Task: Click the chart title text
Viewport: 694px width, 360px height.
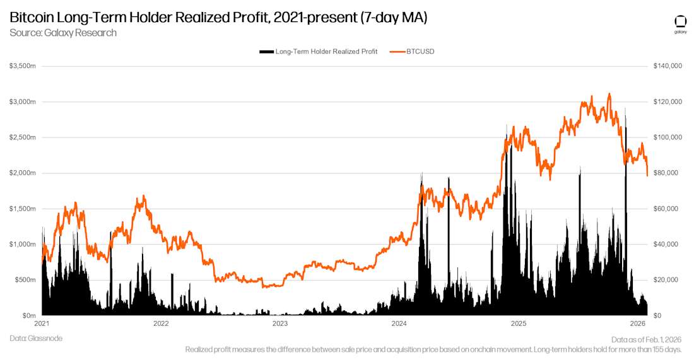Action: pyautogui.click(x=218, y=17)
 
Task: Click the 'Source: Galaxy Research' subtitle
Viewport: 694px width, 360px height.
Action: pyautogui.click(x=63, y=33)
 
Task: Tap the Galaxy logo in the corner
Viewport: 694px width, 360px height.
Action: pyautogui.click(x=680, y=23)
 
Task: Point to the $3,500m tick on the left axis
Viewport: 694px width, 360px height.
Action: pyautogui.click(x=23, y=66)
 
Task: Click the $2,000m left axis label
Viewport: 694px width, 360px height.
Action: pyautogui.click(x=23, y=173)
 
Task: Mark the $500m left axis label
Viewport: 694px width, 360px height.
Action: pyautogui.click(x=25, y=280)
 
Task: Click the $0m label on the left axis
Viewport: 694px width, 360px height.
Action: pyautogui.click(x=29, y=315)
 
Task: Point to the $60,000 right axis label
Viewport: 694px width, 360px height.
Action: pyautogui.click(x=667, y=209)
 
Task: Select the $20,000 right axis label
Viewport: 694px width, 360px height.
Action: pyautogui.click(x=667, y=280)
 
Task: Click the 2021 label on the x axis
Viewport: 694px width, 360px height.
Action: pyautogui.click(x=42, y=324)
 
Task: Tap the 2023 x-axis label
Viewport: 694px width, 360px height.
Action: pyautogui.click(x=280, y=324)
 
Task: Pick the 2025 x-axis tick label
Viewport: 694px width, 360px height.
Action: pyautogui.click(x=518, y=324)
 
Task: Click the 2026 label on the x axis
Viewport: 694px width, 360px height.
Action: pyautogui.click(x=637, y=324)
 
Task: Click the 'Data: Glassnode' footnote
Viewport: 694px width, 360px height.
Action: pyautogui.click(x=36, y=339)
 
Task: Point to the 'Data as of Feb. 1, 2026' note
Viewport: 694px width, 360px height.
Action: pyautogui.click(x=647, y=339)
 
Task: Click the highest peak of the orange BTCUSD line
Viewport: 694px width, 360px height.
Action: pyautogui.click(x=609, y=94)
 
